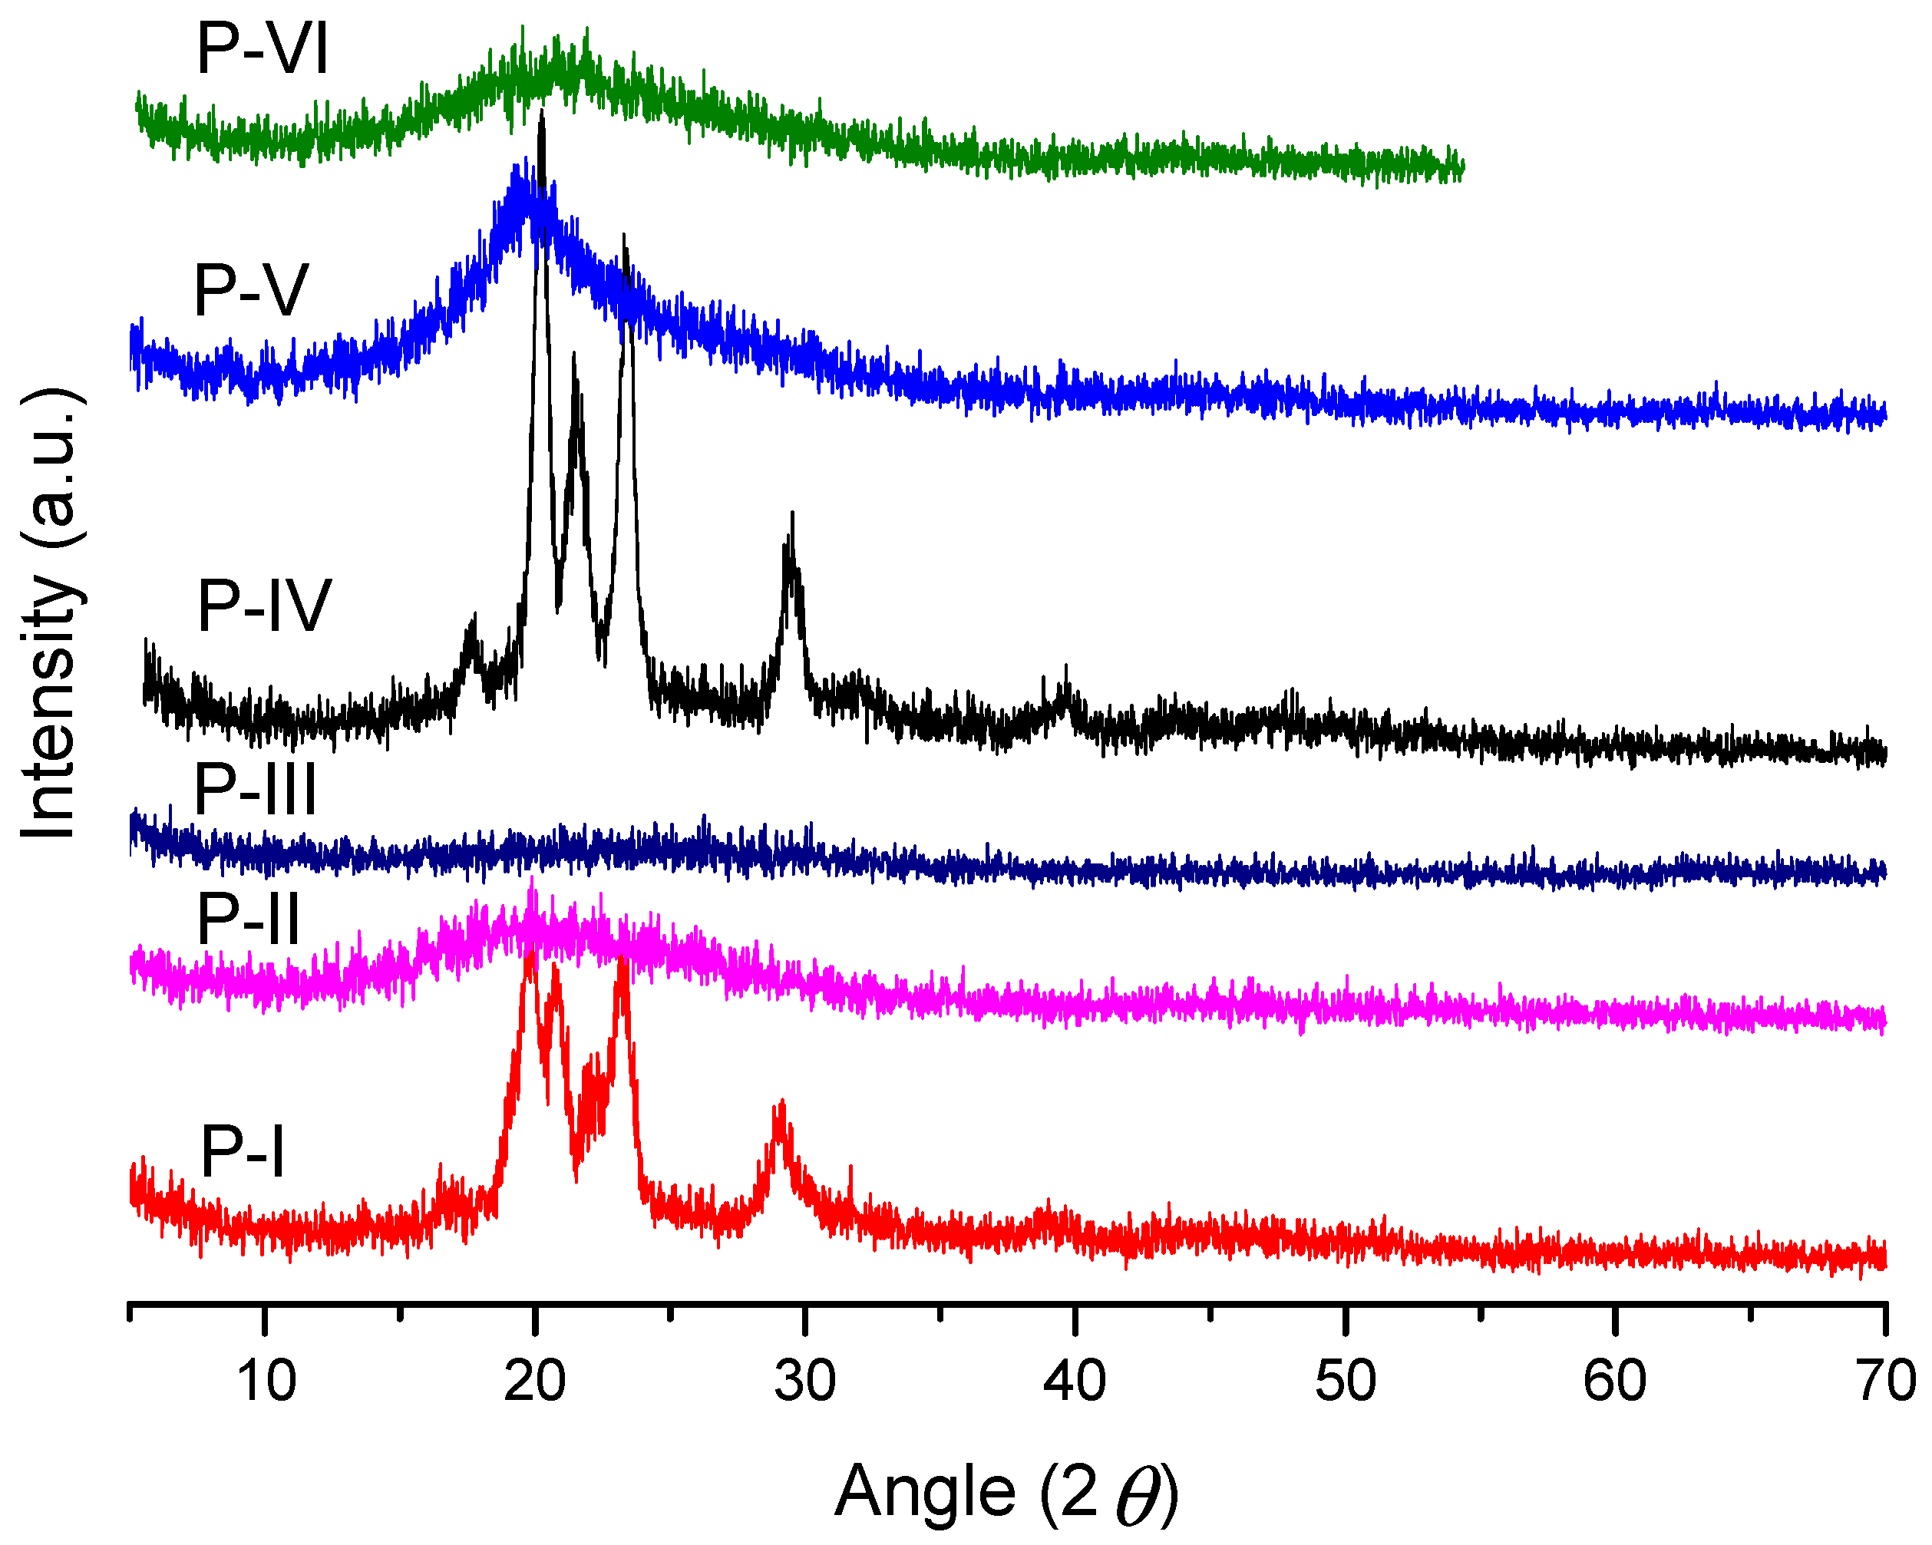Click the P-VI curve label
click(x=262, y=49)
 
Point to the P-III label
click(x=256, y=790)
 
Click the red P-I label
click(x=242, y=1153)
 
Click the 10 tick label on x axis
click(x=266, y=1381)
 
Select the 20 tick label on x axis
click(x=535, y=1381)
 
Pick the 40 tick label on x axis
click(x=1075, y=1381)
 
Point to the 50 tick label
click(x=1345, y=1381)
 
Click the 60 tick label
click(x=1615, y=1381)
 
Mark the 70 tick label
click(x=1885, y=1381)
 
